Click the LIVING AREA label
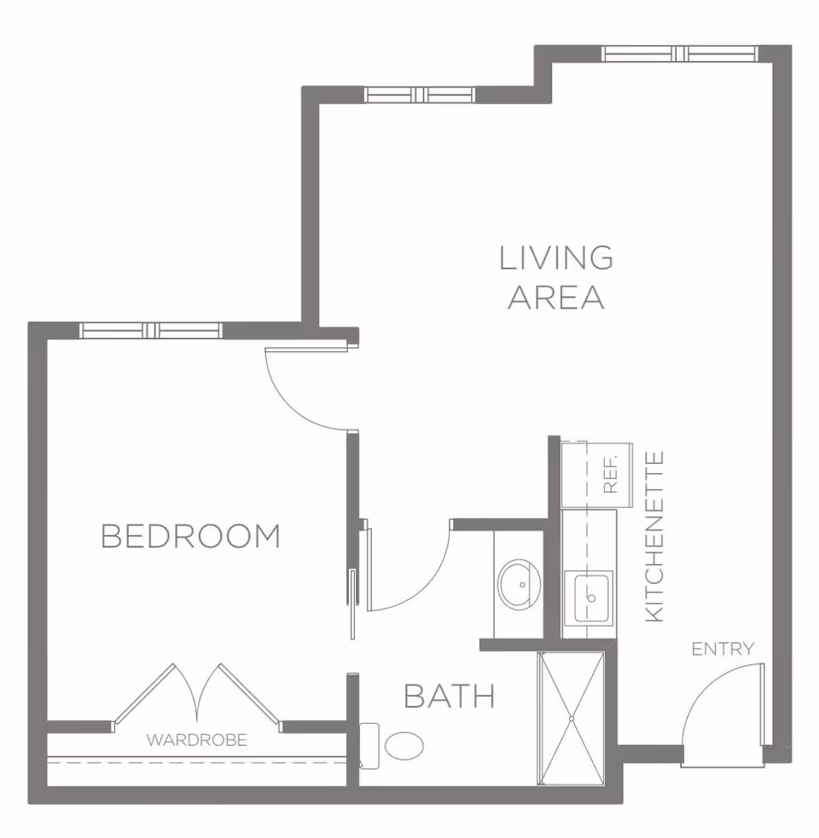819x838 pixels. (x=555, y=277)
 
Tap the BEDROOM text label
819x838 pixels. (x=190, y=536)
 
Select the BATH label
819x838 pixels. (x=449, y=696)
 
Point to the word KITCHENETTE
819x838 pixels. (x=654, y=536)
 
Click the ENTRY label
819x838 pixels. (x=723, y=650)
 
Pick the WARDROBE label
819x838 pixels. (x=196, y=740)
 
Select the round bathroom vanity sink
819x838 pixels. (x=519, y=584)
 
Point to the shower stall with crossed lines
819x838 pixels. (x=571, y=718)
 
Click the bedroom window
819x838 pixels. (x=151, y=330)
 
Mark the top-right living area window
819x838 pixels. (x=679, y=54)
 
